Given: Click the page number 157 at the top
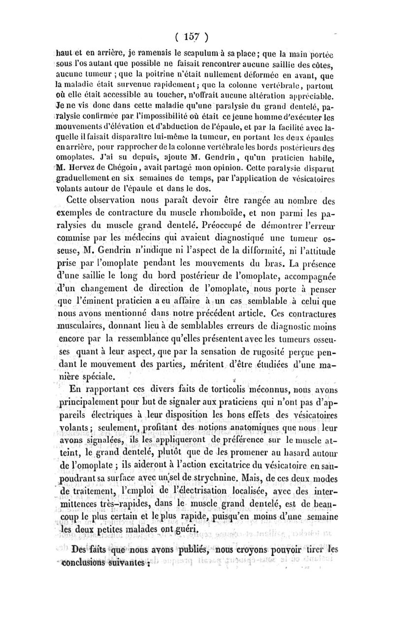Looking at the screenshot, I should [x=189, y=36].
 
